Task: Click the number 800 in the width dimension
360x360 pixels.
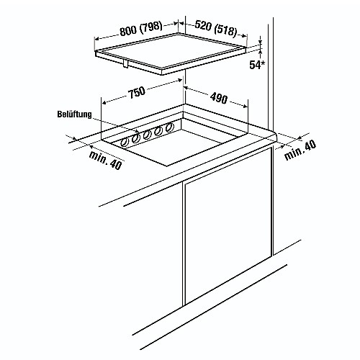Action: [x=128, y=30]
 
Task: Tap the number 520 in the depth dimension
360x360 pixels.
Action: [x=203, y=25]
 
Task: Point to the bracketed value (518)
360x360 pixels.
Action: [x=225, y=30]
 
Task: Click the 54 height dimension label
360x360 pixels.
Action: [x=255, y=65]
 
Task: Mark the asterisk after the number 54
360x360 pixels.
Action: [x=264, y=63]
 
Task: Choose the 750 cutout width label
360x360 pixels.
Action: [x=137, y=92]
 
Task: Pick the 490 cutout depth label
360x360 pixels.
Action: [x=218, y=98]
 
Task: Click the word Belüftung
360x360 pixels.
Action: [x=74, y=114]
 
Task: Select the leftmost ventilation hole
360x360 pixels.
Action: [x=125, y=143]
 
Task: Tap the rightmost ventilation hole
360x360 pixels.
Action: [x=170, y=127]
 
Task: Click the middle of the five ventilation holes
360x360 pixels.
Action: [x=147, y=135]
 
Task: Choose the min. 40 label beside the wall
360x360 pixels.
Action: [x=300, y=150]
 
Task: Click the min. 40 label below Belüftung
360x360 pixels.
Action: [x=106, y=161]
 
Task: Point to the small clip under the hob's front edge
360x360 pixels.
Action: [x=125, y=64]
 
